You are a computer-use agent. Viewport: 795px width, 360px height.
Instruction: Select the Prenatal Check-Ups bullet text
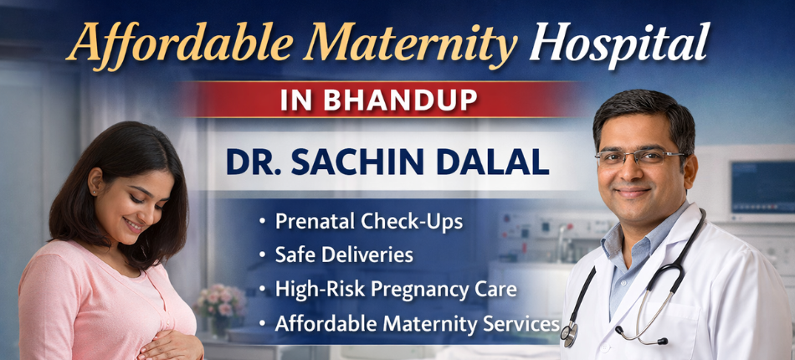(369, 222)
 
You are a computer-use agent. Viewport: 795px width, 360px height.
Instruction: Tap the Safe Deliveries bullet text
(344, 255)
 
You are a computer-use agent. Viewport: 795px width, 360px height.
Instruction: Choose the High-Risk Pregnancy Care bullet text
(396, 289)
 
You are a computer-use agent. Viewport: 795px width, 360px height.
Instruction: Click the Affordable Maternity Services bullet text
(417, 322)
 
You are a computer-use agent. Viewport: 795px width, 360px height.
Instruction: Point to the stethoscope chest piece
(569, 332)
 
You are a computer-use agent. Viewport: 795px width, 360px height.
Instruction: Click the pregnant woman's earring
(94, 192)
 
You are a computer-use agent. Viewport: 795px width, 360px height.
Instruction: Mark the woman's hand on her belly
(172, 343)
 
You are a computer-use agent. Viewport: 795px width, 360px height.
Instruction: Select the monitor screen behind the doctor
(762, 186)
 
